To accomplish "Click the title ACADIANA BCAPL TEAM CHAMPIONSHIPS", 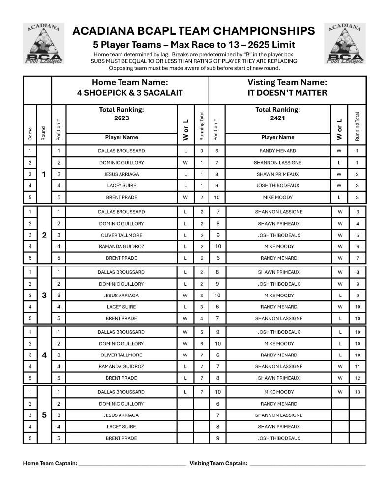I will pyautogui.click(x=193, y=31).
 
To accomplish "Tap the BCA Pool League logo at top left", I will pyautogui.click(x=44, y=43).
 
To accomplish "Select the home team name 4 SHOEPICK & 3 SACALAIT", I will pyautogui.click(x=130, y=93).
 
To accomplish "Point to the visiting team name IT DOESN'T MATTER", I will pyautogui.click(x=287, y=93).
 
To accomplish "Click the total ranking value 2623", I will pyautogui.click(x=121, y=118).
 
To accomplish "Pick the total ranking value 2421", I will pyautogui.click(x=277, y=118).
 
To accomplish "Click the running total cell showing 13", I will pyautogui.click(x=357, y=392).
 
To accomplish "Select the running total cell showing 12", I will pyautogui.click(x=357, y=378).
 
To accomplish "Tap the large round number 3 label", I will pyautogui.click(x=44, y=296).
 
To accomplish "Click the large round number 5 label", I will pyautogui.click(x=44, y=415).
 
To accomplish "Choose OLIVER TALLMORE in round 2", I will pyautogui.click(x=121, y=235).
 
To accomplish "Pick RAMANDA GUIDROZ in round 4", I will pyautogui.click(x=121, y=366).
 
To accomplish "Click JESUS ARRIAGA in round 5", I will pyautogui.click(x=121, y=415).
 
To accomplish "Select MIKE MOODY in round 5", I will pyautogui.click(x=278, y=392).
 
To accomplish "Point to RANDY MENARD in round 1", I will pyautogui.click(x=278, y=151).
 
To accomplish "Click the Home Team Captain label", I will pyautogui.click(x=50, y=463).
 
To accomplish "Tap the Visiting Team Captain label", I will pyautogui.click(x=218, y=463).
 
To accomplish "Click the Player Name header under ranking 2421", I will pyautogui.click(x=278, y=137).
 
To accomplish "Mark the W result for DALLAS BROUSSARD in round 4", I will pyautogui.click(x=185, y=332).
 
